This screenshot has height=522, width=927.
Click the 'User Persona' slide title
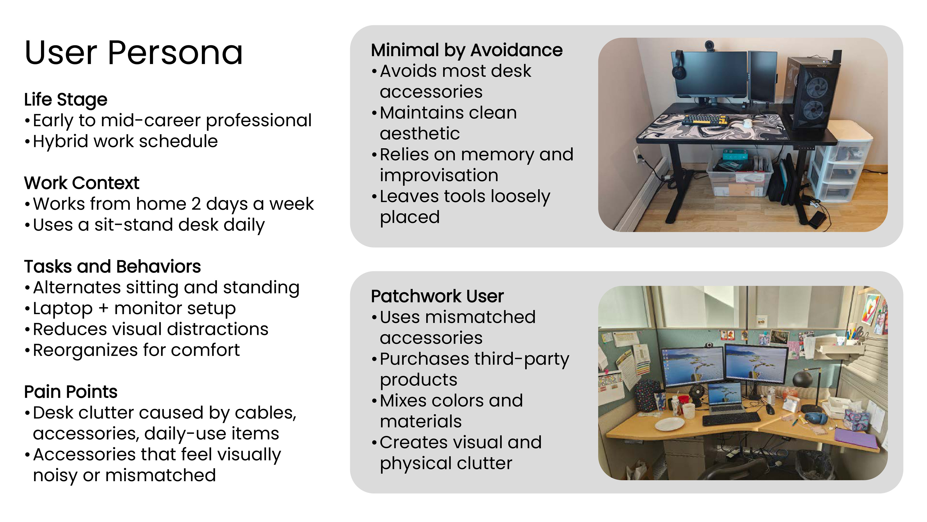coord(134,53)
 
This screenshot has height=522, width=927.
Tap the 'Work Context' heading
coord(81,183)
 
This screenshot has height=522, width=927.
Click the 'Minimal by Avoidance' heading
coord(467,50)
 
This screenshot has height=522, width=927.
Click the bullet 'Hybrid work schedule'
coord(125,141)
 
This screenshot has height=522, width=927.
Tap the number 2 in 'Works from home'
coord(196,204)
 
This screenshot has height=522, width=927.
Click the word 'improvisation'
coord(439,176)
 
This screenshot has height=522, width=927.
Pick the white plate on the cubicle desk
coord(669,424)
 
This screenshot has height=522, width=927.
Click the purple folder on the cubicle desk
coord(856,438)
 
